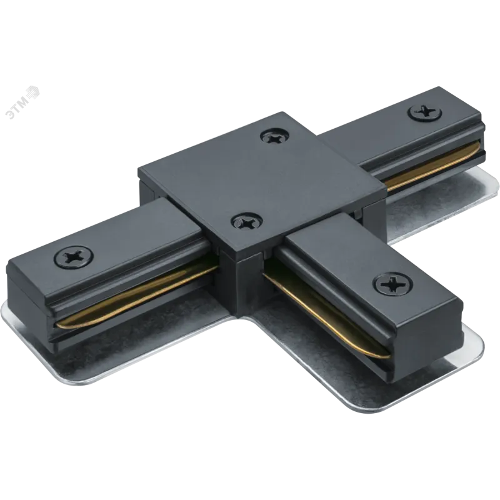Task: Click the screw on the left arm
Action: point(74,256)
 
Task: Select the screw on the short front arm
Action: point(394,282)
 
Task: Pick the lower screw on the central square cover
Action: point(247,221)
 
